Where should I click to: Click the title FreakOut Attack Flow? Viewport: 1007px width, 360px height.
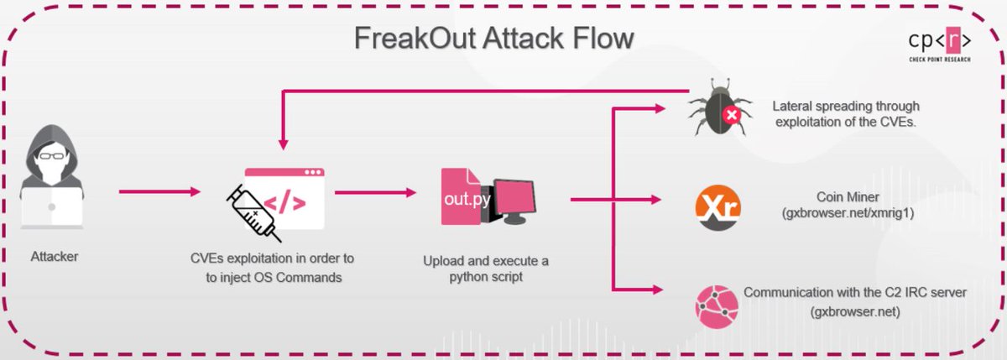[x=493, y=39]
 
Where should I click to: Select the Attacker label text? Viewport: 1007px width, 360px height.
[x=55, y=256]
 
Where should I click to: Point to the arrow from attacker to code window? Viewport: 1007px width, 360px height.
[x=159, y=192]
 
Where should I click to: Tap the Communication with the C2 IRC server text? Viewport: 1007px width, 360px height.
[x=855, y=293]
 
